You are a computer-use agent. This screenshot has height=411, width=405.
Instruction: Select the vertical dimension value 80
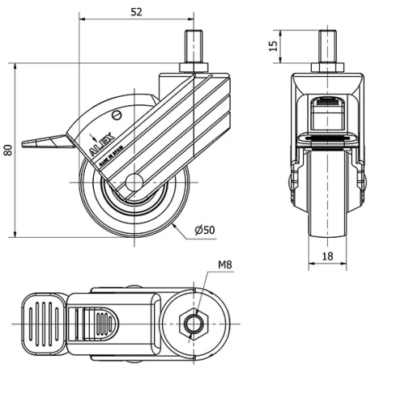pyautogui.click(x=7, y=150)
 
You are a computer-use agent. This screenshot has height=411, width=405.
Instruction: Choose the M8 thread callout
pyautogui.click(x=226, y=265)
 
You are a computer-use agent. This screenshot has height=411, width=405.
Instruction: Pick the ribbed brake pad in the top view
pyautogui.click(x=40, y=323)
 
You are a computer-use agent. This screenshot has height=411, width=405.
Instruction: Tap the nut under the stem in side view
pyautogui.click(x=194, y=66)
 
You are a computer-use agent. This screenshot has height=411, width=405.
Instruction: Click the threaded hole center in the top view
pyautogui.click(x=194, y=324)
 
